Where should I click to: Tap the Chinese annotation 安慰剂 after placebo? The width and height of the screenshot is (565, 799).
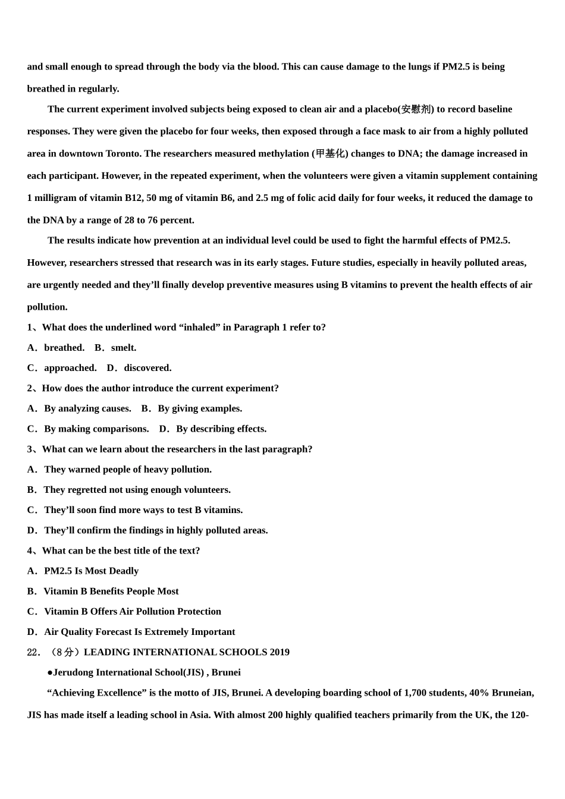[416, 109]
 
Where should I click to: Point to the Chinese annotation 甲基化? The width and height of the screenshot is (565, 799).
[330, 153]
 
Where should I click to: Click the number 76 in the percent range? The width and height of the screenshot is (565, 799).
[151, 220]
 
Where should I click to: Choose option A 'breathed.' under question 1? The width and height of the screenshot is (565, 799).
[64, 348]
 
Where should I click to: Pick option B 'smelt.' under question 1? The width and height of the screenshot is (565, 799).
[123, 348]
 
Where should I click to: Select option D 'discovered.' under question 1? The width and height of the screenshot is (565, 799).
[147, 368]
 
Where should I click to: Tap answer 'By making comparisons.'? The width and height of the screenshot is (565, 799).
[96, 429]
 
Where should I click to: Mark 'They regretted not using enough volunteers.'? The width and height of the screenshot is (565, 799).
[137, 490]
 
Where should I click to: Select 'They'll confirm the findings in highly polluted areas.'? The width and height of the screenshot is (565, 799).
[156, 530]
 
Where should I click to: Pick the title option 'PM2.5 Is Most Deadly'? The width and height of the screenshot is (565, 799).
[91, 571]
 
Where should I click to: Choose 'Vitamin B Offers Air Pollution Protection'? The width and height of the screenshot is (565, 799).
[132, 611]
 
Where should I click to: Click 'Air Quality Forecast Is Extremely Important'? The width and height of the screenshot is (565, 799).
[139, 632]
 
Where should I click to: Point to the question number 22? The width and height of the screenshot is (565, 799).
[33, 652]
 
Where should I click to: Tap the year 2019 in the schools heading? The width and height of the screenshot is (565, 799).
[280, 652]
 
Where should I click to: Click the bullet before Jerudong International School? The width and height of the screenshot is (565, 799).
[50, 672]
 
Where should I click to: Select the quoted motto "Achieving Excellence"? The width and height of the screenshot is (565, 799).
[97, 693]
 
